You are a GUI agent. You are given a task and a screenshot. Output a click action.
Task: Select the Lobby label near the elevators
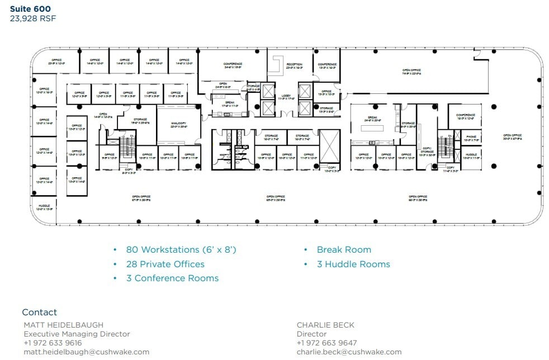286,97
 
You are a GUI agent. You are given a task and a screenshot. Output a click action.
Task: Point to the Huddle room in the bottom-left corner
44,207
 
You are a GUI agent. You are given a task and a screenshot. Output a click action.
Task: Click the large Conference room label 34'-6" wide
233,65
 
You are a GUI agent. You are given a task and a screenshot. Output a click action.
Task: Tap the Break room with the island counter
373,119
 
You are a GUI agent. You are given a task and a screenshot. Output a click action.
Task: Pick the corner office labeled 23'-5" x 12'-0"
56,61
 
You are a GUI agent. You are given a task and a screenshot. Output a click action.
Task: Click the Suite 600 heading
31,8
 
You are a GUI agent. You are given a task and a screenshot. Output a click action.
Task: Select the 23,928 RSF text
33,18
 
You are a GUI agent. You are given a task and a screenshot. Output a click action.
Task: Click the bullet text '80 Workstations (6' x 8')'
181,250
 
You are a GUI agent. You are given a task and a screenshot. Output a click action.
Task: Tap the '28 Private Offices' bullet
165,264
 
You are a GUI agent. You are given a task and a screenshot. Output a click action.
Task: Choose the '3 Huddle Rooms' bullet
353,264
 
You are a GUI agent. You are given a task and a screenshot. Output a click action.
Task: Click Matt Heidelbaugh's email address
86,352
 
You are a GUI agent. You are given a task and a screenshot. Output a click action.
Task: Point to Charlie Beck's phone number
326,343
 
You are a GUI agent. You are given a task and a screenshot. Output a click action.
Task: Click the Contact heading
39,312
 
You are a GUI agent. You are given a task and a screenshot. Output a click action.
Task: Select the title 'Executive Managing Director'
77,334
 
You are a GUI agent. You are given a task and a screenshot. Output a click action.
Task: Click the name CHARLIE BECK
325,325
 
